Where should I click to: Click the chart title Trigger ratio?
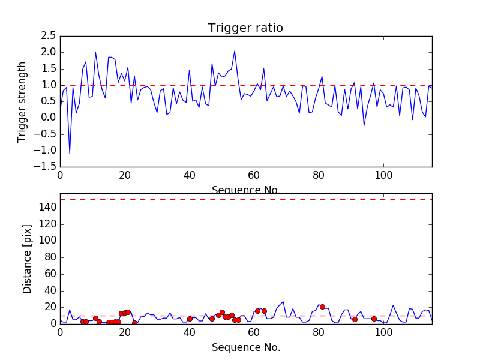(x=245, y=28)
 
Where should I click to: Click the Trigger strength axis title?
(x=22, y=101)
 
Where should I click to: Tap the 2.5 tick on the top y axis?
(x=47, y=35)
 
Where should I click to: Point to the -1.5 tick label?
(x=43, y=167)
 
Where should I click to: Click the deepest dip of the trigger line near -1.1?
(x=70, y=154)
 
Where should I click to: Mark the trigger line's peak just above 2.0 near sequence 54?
(x=235, y=50)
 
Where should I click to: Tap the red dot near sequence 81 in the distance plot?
(x=322, y=307)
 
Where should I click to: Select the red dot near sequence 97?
(x=374, y=319)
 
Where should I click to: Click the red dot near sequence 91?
(x=355, y=319)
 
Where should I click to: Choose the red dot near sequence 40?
(x=190, y=319)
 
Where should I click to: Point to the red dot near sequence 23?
(x=134, y=323)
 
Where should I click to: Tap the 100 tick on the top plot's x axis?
(x=383, y=176)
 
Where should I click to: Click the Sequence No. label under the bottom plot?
(x=245, y=347)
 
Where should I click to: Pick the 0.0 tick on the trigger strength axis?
(x=47, y=118)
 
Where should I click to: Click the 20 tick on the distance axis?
(x=49, y=307)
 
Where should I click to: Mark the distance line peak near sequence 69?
(x=283, y=302)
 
